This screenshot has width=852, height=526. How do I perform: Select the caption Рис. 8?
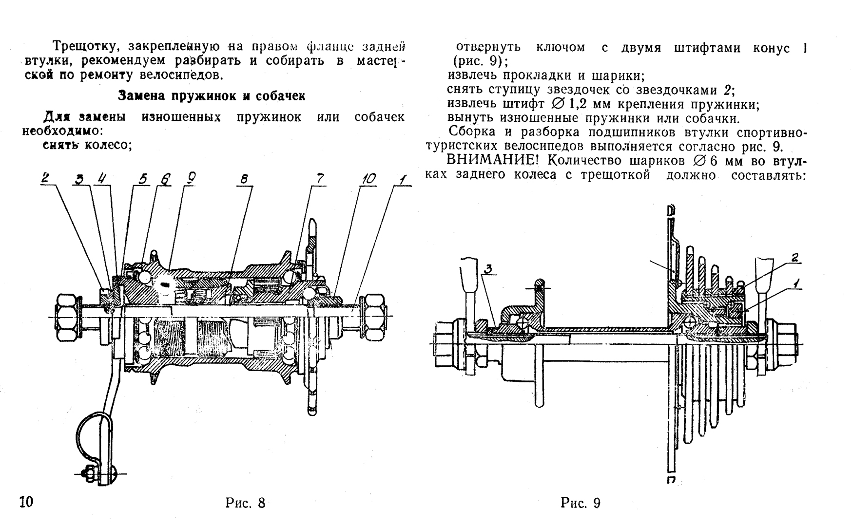pos(245,503)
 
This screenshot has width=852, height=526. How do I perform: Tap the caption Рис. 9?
pos(581,503)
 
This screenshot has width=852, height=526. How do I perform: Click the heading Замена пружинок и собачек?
pos(212,95)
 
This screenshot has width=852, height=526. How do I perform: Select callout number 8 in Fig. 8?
pos(244,179)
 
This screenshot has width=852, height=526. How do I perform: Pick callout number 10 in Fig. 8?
pos(368,179)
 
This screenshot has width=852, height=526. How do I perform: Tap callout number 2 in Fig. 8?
pos(45,178)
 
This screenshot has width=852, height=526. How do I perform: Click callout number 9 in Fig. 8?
pos(190,179)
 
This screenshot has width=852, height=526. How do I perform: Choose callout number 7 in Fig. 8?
pos(320,179)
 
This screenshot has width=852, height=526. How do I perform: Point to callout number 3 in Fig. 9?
pos(488,269)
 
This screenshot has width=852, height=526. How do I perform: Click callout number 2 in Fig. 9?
pos(794,258)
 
